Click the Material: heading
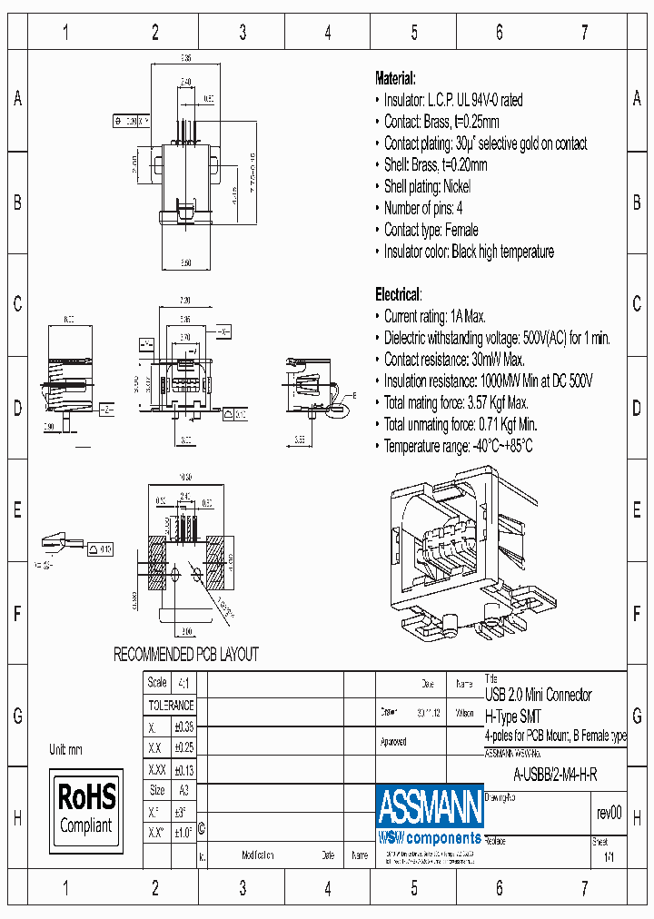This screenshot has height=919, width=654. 395,78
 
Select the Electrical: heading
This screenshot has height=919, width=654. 398,294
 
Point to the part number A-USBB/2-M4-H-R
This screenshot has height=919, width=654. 554,775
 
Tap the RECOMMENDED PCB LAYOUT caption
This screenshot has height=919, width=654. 185,654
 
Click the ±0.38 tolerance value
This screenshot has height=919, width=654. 183,726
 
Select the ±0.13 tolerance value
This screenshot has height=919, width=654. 183,768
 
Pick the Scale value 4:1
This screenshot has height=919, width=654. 183,683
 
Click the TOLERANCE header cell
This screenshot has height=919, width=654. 171,705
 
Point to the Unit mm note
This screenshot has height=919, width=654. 66,750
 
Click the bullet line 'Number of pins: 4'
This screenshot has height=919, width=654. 422,208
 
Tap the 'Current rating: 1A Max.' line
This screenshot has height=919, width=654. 434,316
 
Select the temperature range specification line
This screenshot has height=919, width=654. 458,446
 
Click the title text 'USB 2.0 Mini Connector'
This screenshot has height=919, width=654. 538,695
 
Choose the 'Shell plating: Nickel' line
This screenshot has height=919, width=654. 427,186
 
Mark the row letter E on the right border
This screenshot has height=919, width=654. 637,510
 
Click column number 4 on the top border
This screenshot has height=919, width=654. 328,33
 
